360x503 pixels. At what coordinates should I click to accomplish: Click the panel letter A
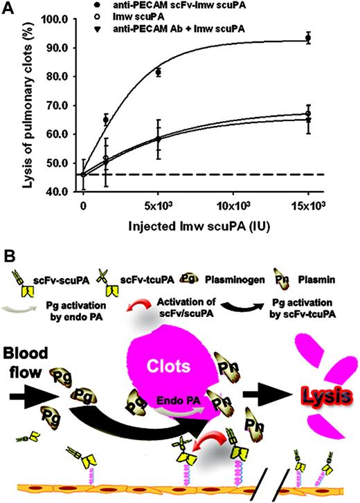pos(8,8)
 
